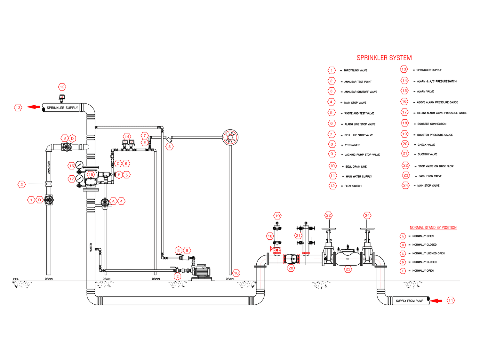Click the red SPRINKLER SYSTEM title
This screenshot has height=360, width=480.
pos(384,58)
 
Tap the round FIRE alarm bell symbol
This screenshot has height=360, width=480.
pos(230,137)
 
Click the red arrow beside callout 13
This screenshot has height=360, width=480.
pos(33,107)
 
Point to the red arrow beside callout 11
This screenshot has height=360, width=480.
pos(436,301)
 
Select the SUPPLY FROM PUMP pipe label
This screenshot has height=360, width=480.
pos(409,301)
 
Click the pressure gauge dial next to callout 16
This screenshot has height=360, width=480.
pos(79,165)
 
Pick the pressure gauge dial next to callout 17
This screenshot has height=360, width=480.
pos(79,179)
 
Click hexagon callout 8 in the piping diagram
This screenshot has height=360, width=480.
pos(170,147)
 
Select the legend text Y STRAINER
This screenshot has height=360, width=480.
pos(352,145)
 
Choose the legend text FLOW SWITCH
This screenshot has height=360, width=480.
pos(353,186)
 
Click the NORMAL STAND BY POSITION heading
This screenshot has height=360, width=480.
pos(433,228)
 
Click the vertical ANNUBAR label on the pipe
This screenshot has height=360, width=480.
pos(49,167)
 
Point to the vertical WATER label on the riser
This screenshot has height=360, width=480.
pos(91,247)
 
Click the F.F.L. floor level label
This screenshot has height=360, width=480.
pos(16,279)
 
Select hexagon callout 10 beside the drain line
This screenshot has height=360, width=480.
pos(236,273)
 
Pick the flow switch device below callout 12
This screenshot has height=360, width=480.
pos(62,98)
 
